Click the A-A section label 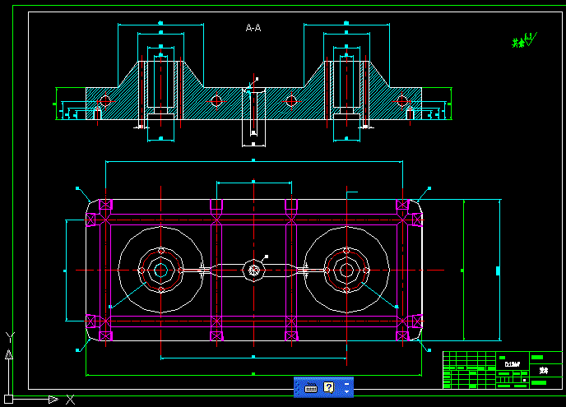point(253,28)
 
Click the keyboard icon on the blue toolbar point(311,387)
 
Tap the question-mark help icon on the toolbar point(329,387)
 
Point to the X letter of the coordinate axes point(70,400)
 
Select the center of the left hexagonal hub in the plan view point(161,270)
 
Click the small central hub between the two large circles point(253,269)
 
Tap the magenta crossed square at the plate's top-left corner point(105,205)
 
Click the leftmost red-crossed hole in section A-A point(104,100)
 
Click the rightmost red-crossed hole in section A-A point(402,100)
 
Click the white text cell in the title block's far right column point(543,370)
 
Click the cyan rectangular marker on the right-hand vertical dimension point(498,271)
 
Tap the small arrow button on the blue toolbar point(347,387)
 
